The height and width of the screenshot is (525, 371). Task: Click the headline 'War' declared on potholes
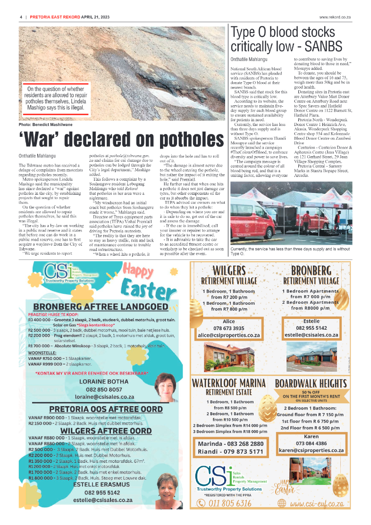click(121, 139)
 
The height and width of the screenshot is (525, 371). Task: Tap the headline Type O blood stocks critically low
click(286, 40)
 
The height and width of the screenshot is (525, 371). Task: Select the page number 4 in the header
click(21, 17)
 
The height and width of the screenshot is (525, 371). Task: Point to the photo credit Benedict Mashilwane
click(42, 124)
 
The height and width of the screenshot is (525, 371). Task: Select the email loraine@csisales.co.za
click(101, 397)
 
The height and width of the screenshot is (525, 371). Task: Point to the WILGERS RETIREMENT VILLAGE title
click(228, 275)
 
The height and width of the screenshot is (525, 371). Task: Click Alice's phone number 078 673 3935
click(228, 328)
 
